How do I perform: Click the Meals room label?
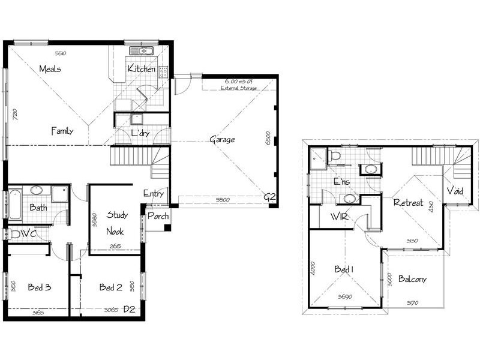50,69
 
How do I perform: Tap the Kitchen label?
142,69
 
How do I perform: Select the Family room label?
62,130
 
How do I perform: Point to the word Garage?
222,140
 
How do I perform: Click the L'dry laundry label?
140,133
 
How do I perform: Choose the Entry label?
153,193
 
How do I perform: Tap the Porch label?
158,217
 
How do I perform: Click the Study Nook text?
115,223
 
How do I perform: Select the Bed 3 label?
40,287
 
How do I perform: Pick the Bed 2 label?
111,287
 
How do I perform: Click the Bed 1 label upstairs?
343,270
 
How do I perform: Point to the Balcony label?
412,280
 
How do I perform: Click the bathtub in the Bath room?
14,204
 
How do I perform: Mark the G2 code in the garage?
269,197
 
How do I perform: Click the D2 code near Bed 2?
129,310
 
